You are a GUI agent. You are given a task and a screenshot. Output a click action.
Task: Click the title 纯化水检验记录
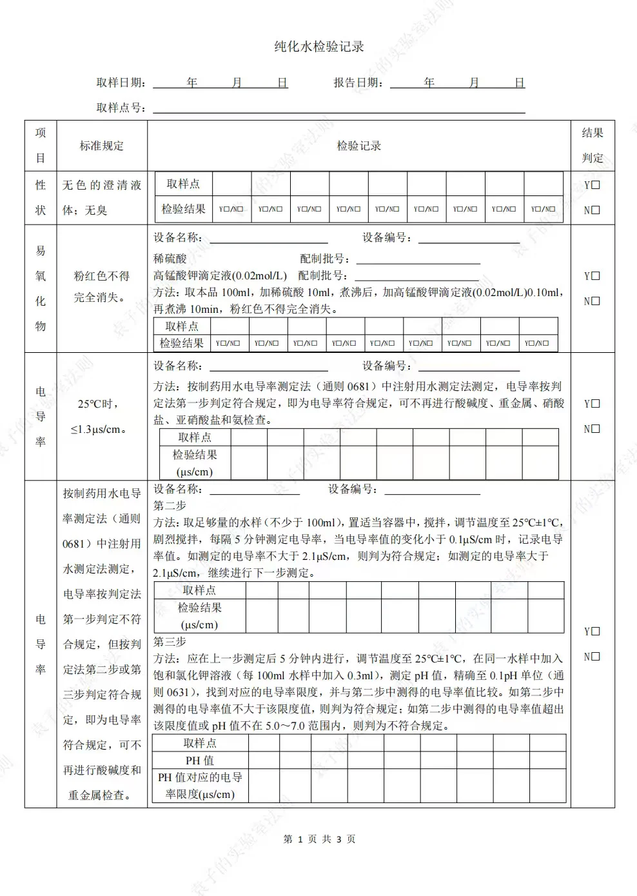[x=319, y=46]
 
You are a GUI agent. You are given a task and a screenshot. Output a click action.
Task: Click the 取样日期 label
[x=120, y=83]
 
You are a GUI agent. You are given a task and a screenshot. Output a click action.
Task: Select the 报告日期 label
[x=358, y=83]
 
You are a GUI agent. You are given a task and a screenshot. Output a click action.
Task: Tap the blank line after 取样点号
[x=338, y=108]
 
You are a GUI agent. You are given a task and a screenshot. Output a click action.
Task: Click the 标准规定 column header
[x=101, y=146]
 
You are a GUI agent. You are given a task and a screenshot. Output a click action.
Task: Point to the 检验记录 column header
[x=358, y=146]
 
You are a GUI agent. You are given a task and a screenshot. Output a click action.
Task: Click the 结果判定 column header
[x=592, y=145]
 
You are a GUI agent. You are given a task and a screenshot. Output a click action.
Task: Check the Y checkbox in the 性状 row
[x=596, y=185]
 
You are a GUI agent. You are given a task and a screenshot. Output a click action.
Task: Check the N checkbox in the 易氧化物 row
[x=596, y=301]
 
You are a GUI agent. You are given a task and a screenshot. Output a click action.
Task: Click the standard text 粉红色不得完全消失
[x=101, y=286]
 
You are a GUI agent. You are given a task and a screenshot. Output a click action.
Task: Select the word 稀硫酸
[x=170, y=259]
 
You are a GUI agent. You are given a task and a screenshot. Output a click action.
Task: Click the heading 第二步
[x=170, y=506]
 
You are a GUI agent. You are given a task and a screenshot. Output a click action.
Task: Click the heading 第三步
[x=170, y=642]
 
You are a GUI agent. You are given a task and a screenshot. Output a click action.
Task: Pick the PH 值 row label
[x=199, y=761]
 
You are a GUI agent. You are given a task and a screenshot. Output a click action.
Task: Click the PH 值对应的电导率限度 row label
[x=199, y=786]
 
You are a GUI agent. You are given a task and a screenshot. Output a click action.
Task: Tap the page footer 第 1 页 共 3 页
[x=319, y=839]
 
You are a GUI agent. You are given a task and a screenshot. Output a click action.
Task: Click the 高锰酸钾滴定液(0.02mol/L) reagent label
[x=220, y=275]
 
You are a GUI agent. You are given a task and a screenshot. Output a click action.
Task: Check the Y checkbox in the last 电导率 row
[x=596, y=632]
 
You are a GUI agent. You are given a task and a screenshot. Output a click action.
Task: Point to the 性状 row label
[x=41, y=197]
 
